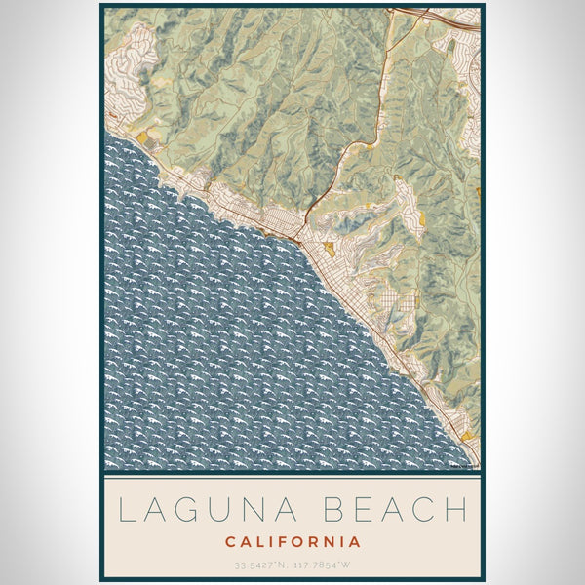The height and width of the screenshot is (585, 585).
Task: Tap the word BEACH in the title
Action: (x=395, y=509)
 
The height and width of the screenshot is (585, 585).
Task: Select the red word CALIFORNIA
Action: (x=292, y=541)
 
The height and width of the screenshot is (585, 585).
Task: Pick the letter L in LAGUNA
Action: (x=127, y=509)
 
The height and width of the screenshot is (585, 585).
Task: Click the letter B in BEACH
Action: (x=331, y=509)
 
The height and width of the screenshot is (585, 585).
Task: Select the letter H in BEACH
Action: (x=454, y=509)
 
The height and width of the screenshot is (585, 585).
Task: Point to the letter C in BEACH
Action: (x=423, y=509)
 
